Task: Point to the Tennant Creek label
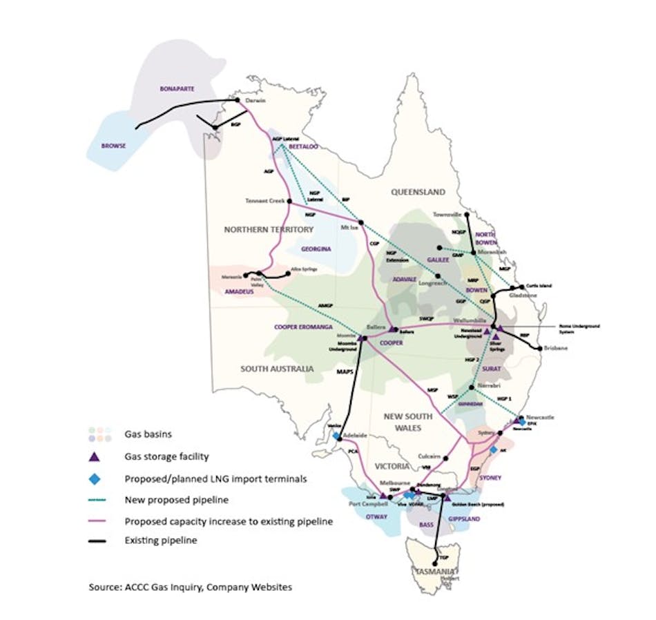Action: click(264, 201)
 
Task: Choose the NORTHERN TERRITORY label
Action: click(268, 229)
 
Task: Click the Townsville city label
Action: click(447, 214)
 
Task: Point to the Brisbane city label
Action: click(555, 349)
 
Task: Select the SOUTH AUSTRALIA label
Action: click(277, 369)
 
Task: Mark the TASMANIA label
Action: click(433, 571)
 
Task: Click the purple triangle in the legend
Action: click(97, 456)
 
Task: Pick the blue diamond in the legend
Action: click(97, 478)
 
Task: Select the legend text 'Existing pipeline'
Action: click(161, 541)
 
